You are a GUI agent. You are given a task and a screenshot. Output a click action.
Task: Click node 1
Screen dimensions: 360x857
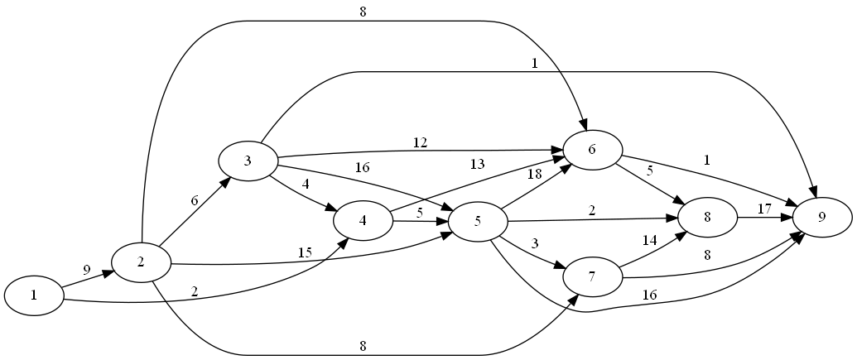pyautogui.click(x=35, y=295)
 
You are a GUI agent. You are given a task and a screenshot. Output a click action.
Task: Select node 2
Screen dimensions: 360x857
pyautogui.click(x=141, y=263)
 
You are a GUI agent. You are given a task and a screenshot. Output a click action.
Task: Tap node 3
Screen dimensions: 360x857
pyautogui.click(x=248, y=160)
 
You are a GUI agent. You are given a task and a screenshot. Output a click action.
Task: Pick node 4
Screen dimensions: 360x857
pyautogui.click(x=363, y=221)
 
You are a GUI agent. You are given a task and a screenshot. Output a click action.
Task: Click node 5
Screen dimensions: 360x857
pyautogui.click(x=478, y=221)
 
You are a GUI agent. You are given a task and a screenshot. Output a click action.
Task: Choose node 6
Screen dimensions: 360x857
pyautogui.click(x=593, y=150)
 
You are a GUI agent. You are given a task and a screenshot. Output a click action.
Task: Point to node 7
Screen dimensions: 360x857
pyautogui.click(x=593, y=277)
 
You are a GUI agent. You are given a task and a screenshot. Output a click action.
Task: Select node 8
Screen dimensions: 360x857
pyautogui.click(x=708, y=217)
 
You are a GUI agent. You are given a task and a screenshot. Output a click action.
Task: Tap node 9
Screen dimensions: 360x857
pyautogui.click(x=822, y=218)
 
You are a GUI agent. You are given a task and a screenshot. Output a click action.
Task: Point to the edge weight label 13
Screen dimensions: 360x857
pyautogui.click(x=478, y=165)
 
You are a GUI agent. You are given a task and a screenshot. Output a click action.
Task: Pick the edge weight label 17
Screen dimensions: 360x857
pyautogui.click(x=764, y=209)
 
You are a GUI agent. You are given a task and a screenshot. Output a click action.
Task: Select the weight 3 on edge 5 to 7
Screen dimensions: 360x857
pyautogui.click(x=535, y=242)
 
